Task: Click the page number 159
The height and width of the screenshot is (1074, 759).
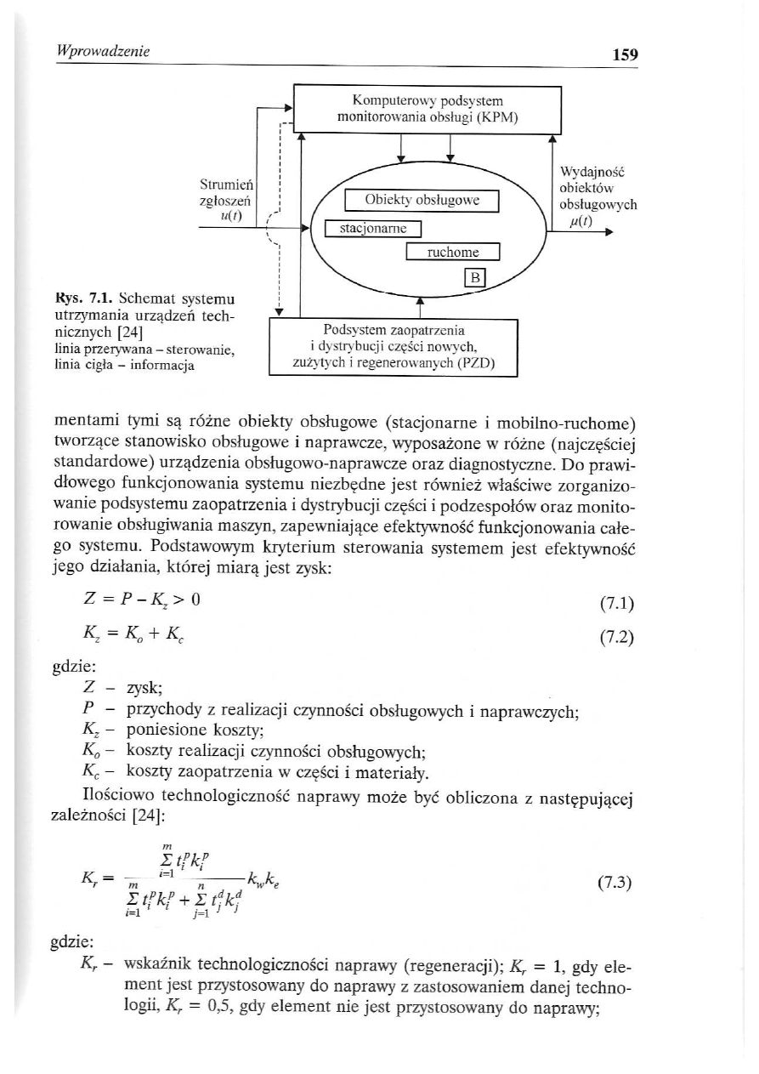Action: (x=624, y=55)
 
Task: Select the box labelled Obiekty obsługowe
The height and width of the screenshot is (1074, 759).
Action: (x=422, y=201)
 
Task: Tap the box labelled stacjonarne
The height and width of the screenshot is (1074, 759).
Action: (x=373, y=229)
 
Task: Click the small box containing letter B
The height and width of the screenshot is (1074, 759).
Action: (x=474, y=277)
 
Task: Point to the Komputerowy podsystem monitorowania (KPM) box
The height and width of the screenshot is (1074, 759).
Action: (x=428, y=106)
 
